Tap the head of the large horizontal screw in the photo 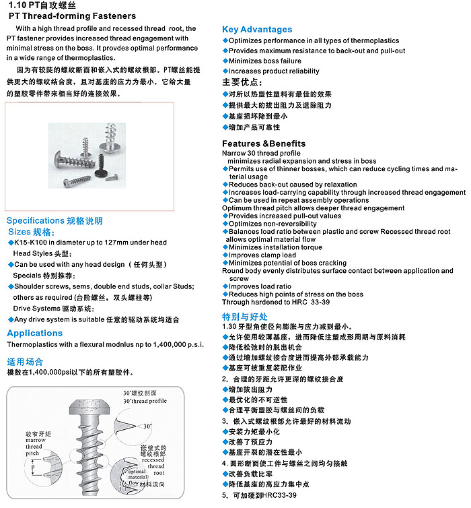59,160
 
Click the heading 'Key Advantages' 257,30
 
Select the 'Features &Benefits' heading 264,144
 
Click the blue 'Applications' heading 35,333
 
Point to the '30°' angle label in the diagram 147,426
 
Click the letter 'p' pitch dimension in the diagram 33,467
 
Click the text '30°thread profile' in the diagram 145,401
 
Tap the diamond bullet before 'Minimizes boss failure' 225,61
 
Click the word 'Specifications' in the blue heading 35,220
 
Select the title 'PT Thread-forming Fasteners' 72,16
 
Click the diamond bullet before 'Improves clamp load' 225,255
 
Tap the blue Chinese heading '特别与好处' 245,317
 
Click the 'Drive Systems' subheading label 36,309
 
